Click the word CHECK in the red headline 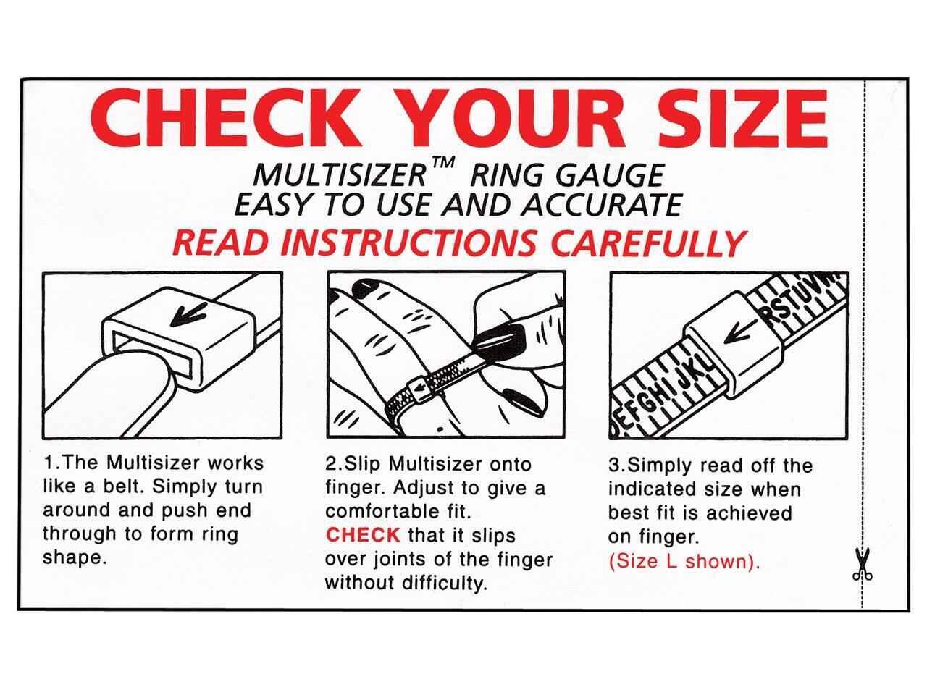point(227,118)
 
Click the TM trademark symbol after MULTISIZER point(442,162)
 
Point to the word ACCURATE point(603,205)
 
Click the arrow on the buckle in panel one point(188,313)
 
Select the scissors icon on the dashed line point(863,565)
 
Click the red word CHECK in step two point(362,535)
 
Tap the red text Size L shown point(684,562)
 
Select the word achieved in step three point(749,513)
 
